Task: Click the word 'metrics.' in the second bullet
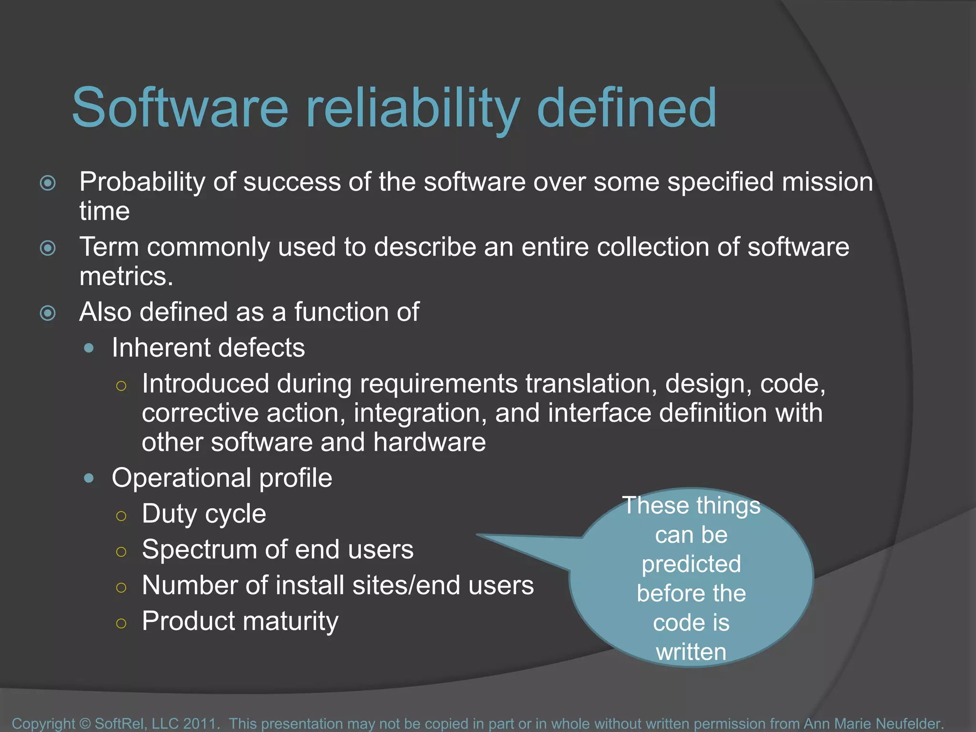pos(126,276)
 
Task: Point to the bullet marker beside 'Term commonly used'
pos(48,248)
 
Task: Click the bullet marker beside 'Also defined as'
pos(48,314)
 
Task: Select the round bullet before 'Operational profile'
pos(89,478)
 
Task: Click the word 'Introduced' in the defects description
pos(205,384)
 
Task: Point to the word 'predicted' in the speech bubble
pos(691,565)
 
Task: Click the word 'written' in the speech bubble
pos(691,652)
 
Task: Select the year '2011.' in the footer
pos(202,723)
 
